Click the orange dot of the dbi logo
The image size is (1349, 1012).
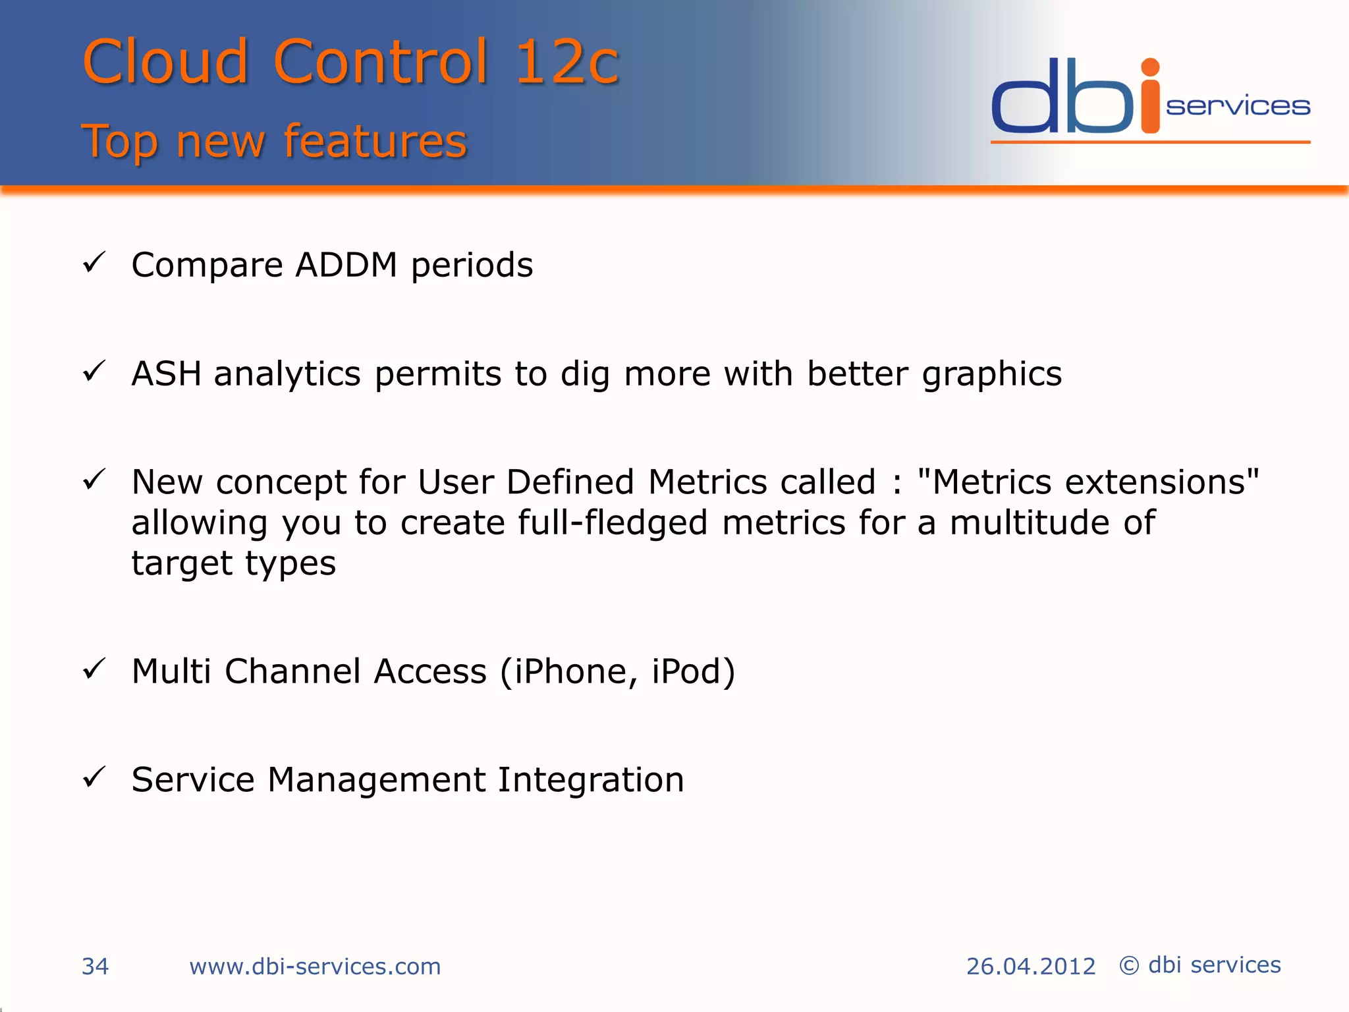(x=1150, y=68)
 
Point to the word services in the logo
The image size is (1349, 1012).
(x=1238, y=107)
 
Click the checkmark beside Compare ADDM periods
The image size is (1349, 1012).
(x=94, y=263)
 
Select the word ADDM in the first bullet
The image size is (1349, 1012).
(x=346, y=265)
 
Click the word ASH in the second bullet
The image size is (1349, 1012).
(x=166, y=374)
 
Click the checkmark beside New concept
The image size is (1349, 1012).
(x=94, y=480)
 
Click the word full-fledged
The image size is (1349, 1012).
(x=613, y=523)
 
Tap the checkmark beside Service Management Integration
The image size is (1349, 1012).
(x=94, y=777)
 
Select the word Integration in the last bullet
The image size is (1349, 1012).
(x=591, y=780)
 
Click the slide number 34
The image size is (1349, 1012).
(x=95, y=967)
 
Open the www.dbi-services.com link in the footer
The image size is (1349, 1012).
(x=315, y=967)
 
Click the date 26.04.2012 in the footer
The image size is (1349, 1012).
(x=1030, y=967)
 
